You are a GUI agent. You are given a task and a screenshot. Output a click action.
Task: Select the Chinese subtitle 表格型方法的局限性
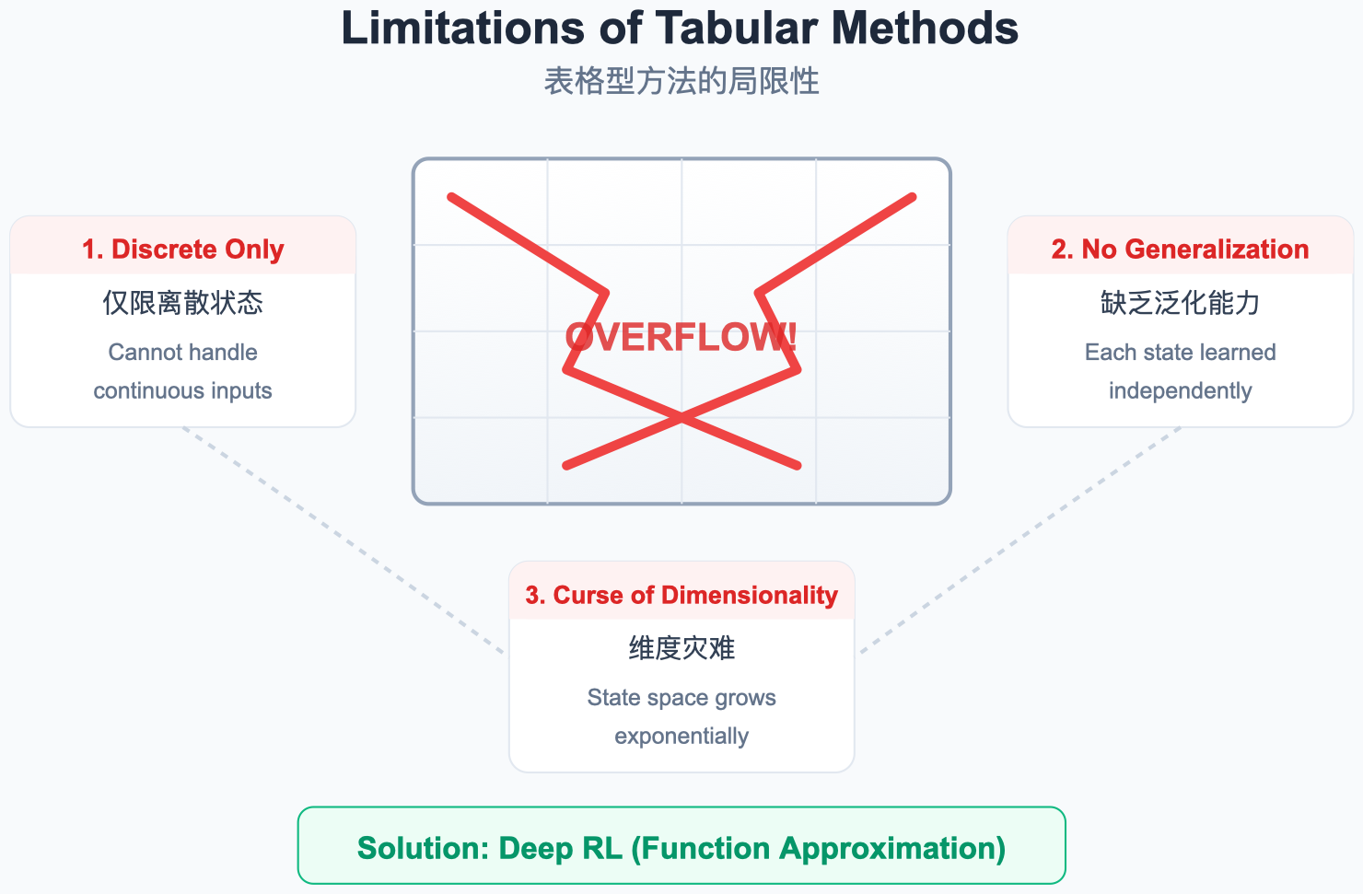[x=681, y=81]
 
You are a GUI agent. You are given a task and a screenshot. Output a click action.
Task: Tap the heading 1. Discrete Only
[x=182, y=250]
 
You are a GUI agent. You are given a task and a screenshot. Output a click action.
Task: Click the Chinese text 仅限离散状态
[x=182, y=302]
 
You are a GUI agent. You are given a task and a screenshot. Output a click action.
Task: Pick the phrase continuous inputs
[x=182, y=391]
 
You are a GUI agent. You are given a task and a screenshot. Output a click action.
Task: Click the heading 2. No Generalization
[x=1180, y=250]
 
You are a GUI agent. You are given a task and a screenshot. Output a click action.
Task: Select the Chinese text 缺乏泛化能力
[x=1180, y=302]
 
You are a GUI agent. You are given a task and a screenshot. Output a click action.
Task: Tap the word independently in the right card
[x=1180, y=391]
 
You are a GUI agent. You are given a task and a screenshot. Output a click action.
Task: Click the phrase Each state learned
[x=1180, y=353]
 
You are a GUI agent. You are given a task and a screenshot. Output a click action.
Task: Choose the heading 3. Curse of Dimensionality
[x=681, y=596]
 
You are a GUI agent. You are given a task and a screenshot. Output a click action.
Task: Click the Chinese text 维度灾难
[x=681, y=648]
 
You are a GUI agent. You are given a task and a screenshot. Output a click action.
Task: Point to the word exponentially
[x=681, y=737]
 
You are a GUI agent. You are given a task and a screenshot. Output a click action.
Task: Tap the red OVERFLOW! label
[x=681, y=337]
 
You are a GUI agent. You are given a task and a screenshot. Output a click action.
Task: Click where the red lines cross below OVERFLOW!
[x=681, y=418]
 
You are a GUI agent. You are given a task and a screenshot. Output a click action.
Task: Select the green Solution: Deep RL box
[x=681, y=845]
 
